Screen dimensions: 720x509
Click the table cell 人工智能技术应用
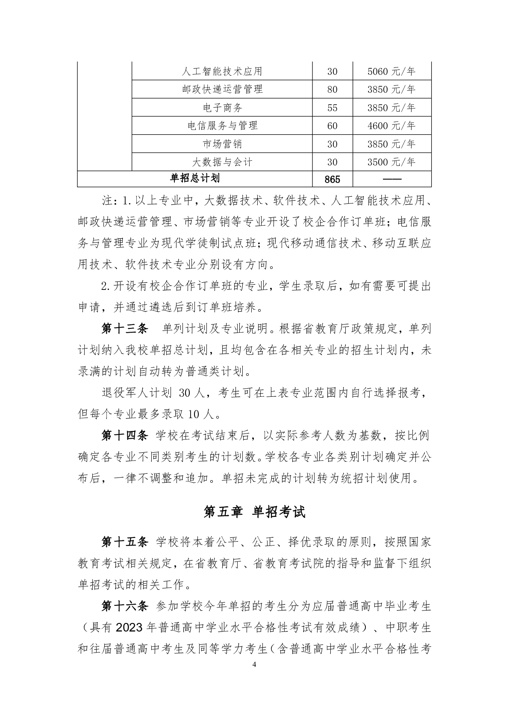click(x=222, y=71)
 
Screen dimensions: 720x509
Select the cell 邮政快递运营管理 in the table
click(x=222, y=89)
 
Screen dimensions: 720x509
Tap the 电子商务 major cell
click(x=222, y=108)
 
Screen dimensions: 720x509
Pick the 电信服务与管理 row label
click(x=222, y=126)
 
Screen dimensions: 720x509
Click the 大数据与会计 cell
click(x=222, y=162)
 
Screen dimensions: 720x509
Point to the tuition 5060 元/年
click(x=391, y=71)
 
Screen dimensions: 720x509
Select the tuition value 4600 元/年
click(x=391, y=126)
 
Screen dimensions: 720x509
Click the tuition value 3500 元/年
click(x=391, y=162)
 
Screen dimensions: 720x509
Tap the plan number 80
click(x=332, y=89)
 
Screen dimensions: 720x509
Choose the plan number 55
click(x=332, y=108)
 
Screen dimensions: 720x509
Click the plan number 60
click(x=332, y=126)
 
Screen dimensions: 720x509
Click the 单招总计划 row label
click(x=194, y=179)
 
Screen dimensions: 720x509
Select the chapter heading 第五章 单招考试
click(x=255, y=512)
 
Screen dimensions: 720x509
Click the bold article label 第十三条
click(x=124, y=329)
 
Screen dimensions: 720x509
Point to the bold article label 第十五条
click(x=124, y=542)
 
